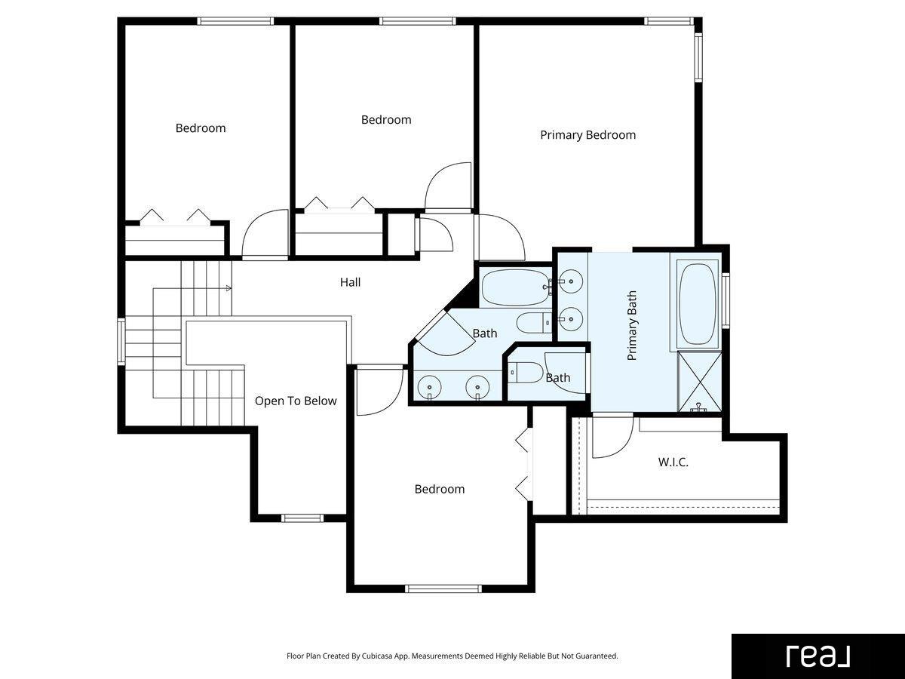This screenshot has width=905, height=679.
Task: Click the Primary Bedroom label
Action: coord(588,135)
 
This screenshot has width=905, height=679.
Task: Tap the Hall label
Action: coord(350,282)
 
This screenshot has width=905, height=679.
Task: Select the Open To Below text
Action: coord(296,401)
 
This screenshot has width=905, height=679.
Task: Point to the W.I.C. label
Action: coord(673,462)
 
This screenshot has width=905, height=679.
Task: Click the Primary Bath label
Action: coord(632,326)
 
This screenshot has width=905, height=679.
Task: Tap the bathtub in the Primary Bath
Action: coord(698,303)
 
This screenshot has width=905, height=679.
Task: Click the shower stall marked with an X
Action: coord(700,382)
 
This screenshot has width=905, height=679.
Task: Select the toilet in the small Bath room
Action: coord(525,372)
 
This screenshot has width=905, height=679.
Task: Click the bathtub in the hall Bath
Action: coord(515,287)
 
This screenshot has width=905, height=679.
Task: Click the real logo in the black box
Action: coord(818,656)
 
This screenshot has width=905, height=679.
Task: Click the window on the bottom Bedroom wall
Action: coord(443,588)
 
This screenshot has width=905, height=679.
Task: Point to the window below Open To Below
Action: coord(302,518)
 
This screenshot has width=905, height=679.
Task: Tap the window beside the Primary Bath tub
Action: coord(726,300)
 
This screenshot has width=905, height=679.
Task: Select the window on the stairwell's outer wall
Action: coord(121,341)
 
